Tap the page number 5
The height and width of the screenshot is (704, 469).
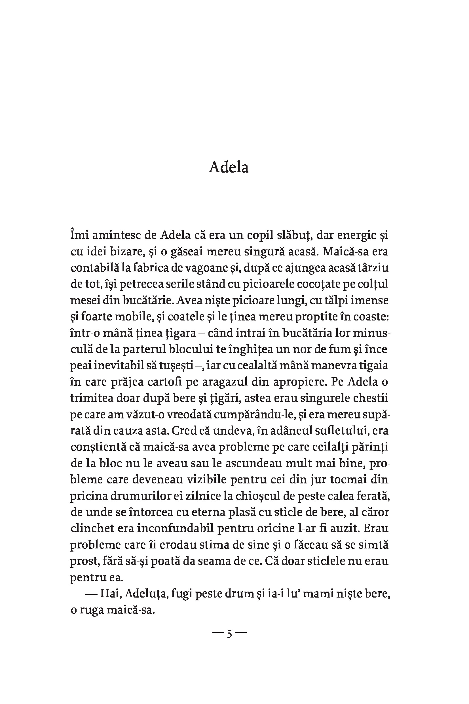click(x=229, y=634)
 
